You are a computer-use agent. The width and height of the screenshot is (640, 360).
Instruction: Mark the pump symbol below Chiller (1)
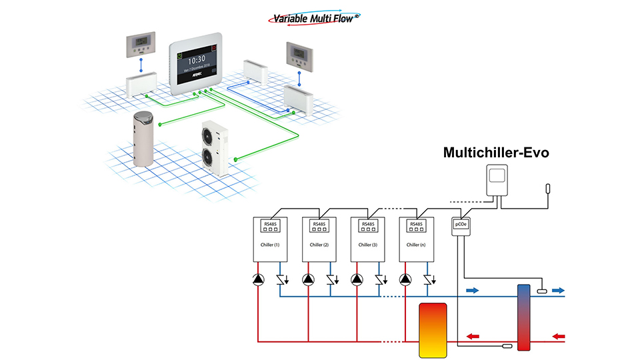pyautogui.click(x=259, y=279)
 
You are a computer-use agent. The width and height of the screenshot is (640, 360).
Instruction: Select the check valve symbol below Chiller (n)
pyautogui.click(x=427, y=279)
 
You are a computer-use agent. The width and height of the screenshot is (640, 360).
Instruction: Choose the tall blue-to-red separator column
pyautogui.click(x=523, y=317)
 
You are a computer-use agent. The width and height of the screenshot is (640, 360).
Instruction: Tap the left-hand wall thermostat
pyautogui.click(x=141, y=45)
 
